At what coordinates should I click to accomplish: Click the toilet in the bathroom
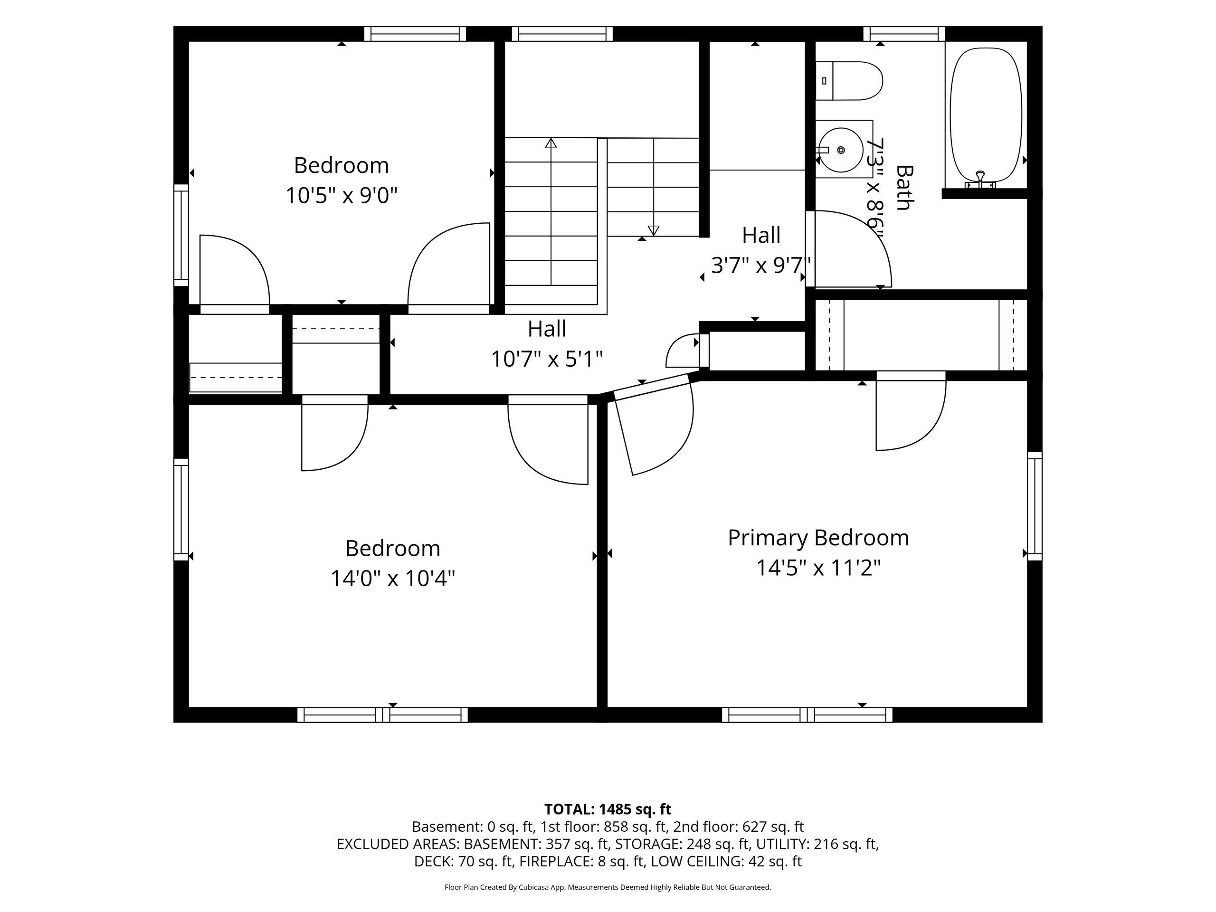point(848,81)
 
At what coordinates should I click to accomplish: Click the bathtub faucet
point(980,179)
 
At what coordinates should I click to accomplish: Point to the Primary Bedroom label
point(818,538)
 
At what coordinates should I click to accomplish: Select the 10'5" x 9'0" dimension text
point(342,195)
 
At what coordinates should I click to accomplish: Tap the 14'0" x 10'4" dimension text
point(392,579)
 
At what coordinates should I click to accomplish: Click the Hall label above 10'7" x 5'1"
point(547,329)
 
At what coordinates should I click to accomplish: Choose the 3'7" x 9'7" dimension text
point(761,266)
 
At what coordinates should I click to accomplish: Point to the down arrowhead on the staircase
point(653,230)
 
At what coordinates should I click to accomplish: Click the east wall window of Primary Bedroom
point(1035,506)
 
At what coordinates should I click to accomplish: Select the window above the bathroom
point(904,34)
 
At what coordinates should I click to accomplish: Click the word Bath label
point(903,188)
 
